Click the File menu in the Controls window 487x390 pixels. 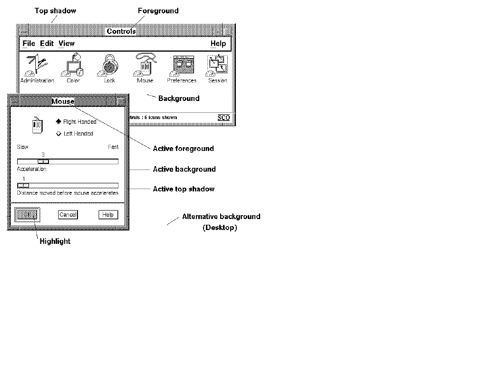click(x=29, y=43)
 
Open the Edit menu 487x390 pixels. click(x=47, y=43)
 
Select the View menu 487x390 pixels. click(x=67, y=43)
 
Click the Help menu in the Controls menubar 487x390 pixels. click(x=218, y=43)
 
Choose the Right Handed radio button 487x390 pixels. click(x=59, y=121)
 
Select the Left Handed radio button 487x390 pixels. click(x=59, y=134)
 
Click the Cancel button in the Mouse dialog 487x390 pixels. click(x=68, y=215)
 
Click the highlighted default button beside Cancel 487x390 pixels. click(x=28, y=215)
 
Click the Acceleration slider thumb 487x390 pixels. click(x=43, y=161)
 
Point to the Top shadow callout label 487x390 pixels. click(x=55, y=10)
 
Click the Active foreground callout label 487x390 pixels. click(x=183, y=149)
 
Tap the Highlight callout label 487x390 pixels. click(x=55, y=241)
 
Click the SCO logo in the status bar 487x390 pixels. click(x=224, y=118)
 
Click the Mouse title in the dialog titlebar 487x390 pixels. click(x=63, y=101)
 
